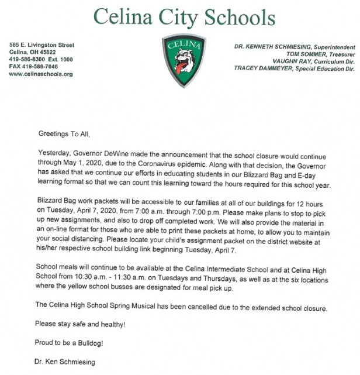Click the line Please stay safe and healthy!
point(80,324)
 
